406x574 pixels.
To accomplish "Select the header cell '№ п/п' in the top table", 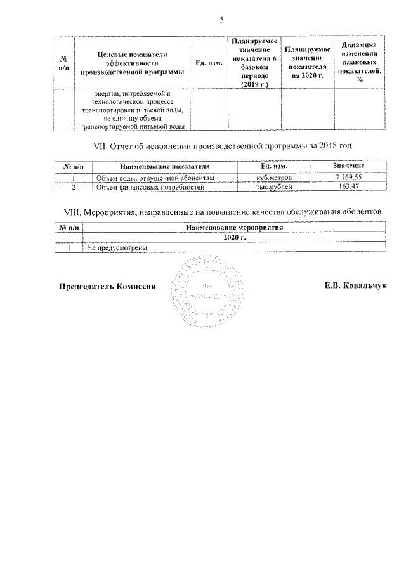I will click(x=63, y=62).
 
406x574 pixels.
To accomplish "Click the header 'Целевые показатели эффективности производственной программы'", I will click(x=133, y=63).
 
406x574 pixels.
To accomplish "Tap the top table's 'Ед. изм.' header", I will click(x=209, y=63).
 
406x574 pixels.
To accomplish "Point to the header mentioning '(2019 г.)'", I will click(x=254, y=62).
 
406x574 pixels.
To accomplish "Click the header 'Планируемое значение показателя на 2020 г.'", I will click(x=307, y=62).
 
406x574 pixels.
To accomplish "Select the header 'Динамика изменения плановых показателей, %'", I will click(x=360, y=62).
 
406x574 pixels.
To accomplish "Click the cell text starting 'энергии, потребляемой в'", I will click(x=133, y=109).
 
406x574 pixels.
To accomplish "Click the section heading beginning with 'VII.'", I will click(x=222, y=147).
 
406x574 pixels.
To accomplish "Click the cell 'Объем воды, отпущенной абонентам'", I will click(x=155, y=178).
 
